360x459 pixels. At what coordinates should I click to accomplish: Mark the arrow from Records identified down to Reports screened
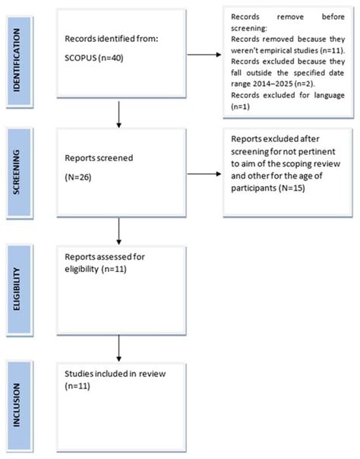point(118,115)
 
